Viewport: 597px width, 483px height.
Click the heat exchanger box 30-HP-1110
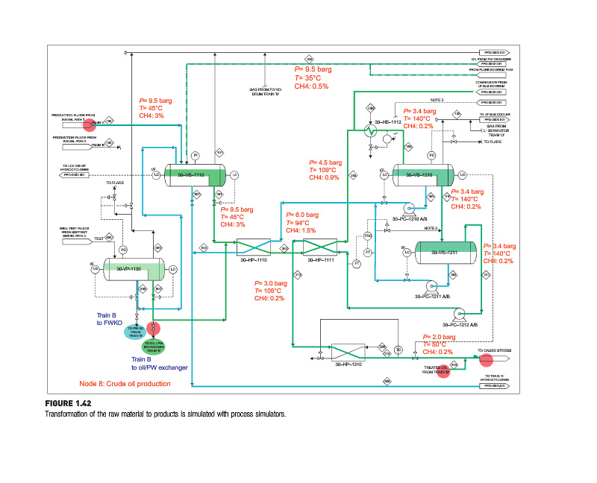click(252, 248)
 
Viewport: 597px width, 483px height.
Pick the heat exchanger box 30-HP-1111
click(320, 248)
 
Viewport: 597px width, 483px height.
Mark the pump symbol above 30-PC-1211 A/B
click(431, 285)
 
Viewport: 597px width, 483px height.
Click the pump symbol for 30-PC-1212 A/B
click(460, 313)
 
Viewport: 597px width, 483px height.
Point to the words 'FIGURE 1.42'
click(68, 403)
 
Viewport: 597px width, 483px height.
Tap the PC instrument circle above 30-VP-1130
click(124, 250)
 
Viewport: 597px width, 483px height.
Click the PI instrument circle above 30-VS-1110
click(195, 155)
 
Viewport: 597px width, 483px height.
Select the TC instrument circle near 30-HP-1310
click(398, 349)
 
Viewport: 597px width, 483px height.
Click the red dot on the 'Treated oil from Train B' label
click(443, 371)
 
